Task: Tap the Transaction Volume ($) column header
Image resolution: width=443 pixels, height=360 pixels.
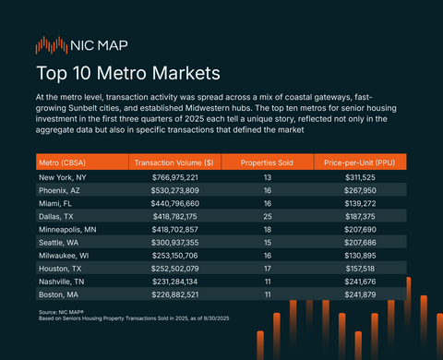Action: pos(174,162)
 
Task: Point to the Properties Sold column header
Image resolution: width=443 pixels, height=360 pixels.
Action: pos(267,162)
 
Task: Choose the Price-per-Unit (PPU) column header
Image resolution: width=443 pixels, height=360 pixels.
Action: pos(360,162)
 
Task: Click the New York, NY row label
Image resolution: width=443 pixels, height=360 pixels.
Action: pos(63,177)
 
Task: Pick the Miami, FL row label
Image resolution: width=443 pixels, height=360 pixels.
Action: pos(55,202)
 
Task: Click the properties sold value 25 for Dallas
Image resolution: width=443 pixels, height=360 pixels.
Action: pos(267,214)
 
